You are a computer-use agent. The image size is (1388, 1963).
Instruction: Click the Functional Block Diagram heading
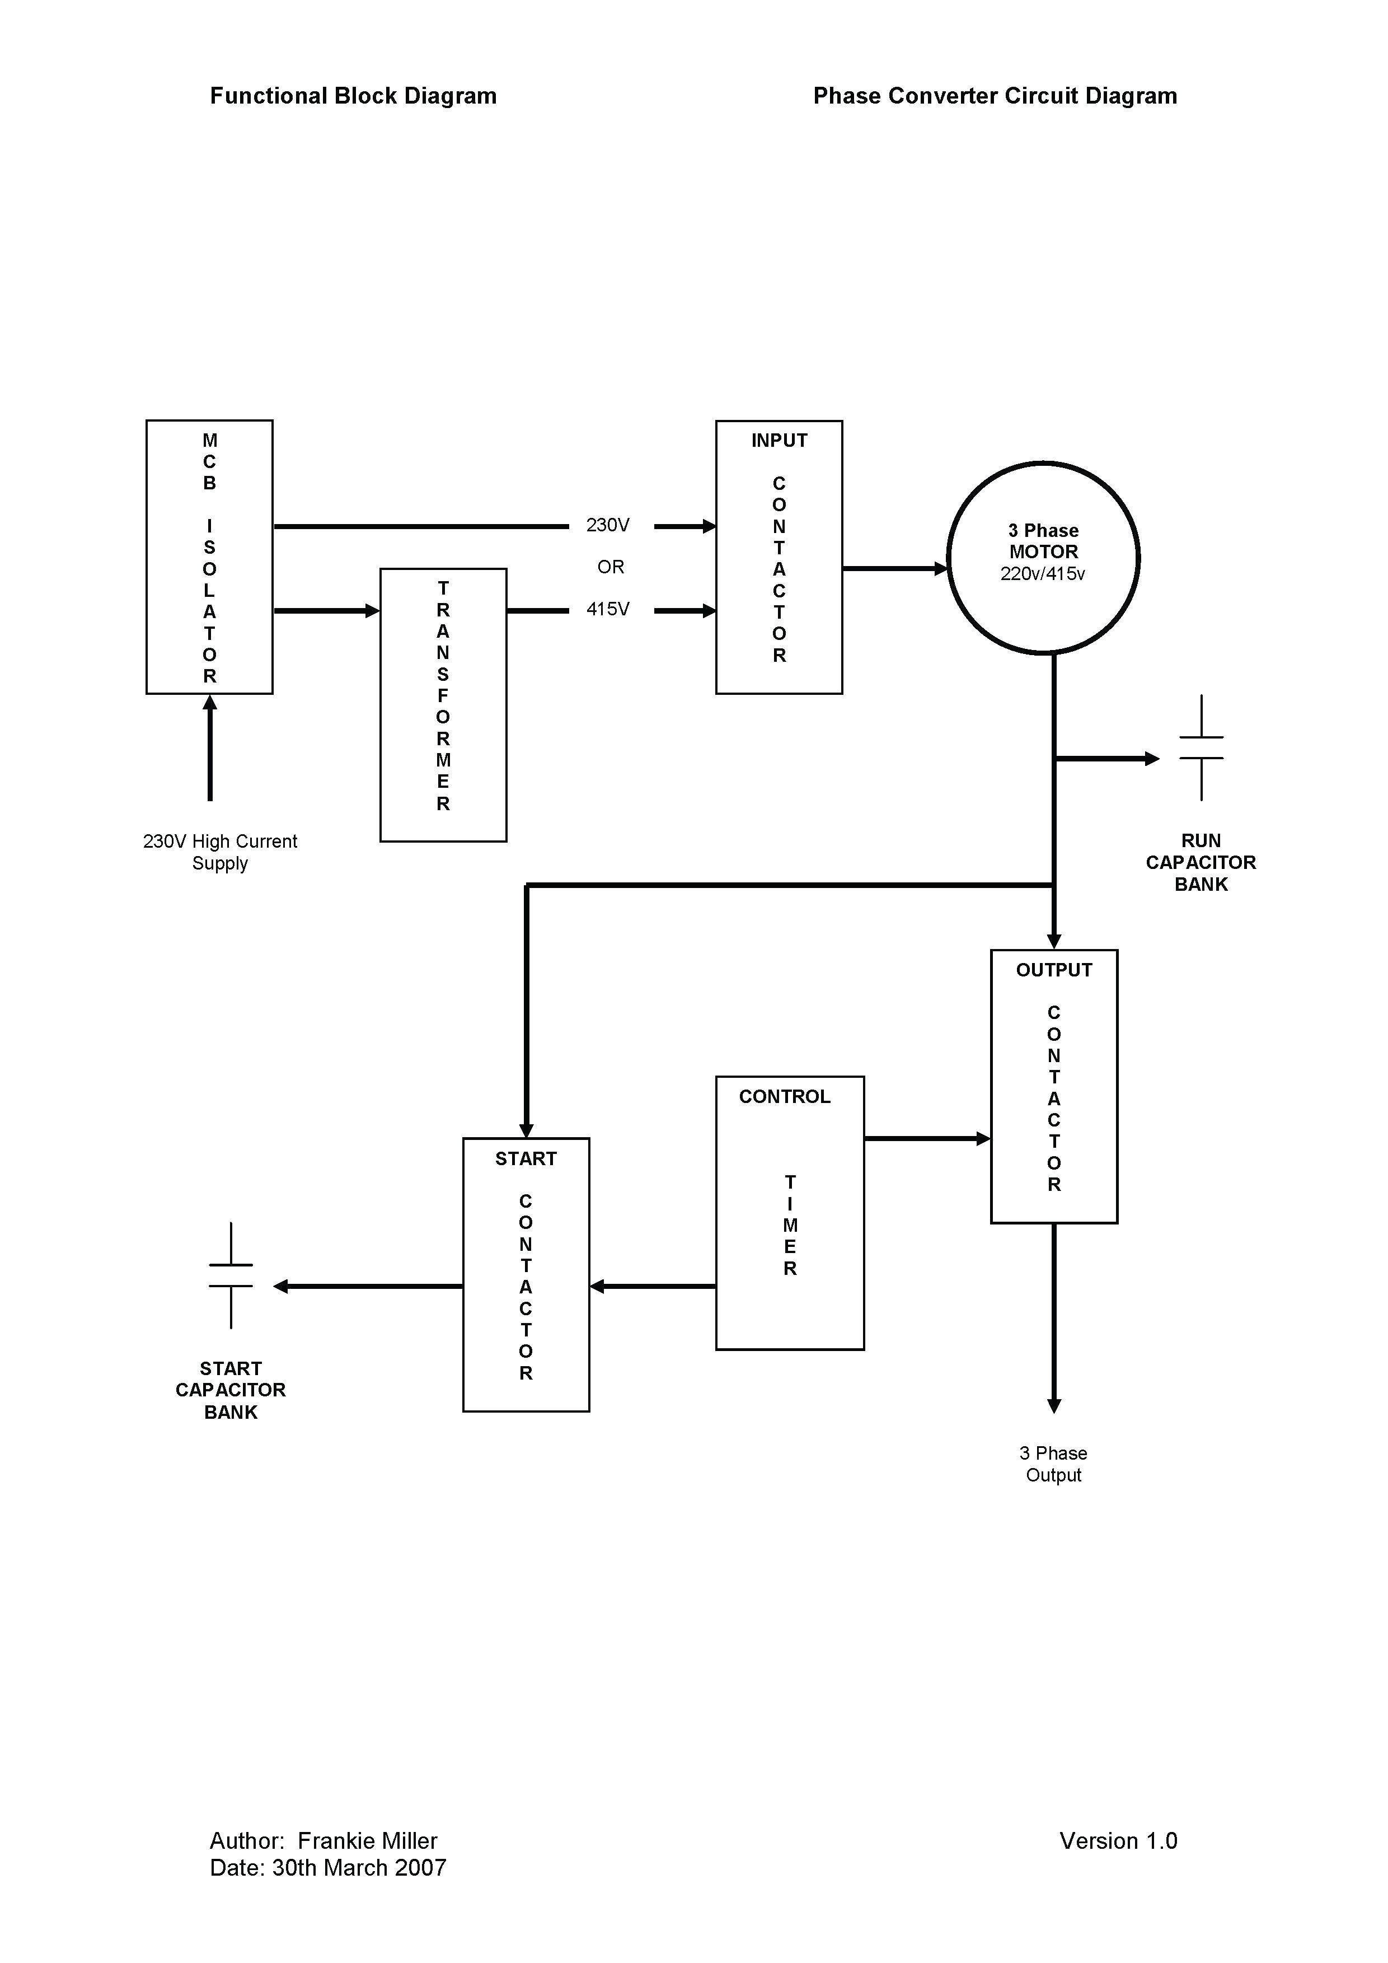pos(353,96)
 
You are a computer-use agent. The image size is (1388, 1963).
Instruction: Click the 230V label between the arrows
pos(608,526)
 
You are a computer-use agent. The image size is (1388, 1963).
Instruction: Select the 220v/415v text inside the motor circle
pos(1043,574)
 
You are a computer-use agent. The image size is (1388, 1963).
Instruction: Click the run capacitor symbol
pos(1201,748)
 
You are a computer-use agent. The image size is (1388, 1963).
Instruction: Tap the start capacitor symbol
pos(231,1275)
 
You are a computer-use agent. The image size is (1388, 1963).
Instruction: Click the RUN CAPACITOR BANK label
pos(1201,863)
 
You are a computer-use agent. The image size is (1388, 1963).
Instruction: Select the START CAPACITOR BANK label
pos(231,1390)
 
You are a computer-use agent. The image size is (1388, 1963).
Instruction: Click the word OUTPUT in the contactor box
pos(1054,970)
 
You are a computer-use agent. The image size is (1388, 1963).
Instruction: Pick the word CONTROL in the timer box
pos(785,1097)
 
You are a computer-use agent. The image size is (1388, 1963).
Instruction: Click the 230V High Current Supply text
pos(219,852)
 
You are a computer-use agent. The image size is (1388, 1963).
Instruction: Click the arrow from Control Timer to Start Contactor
pos(653,1286)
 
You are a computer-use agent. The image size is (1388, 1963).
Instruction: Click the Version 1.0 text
pos(1118,1841)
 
